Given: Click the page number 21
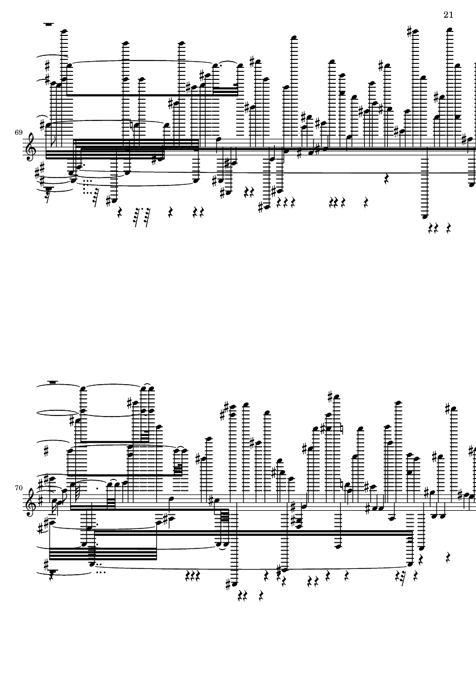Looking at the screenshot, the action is pyautogui.click(x=448, y=15).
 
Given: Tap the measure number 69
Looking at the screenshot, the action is pyautogui.click(x=18, y=132).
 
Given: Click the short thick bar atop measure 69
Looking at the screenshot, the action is pyautogui.click(x=48, y=25).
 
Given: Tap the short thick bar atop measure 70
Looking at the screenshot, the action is pyautogui.click(x=53, y=382).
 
